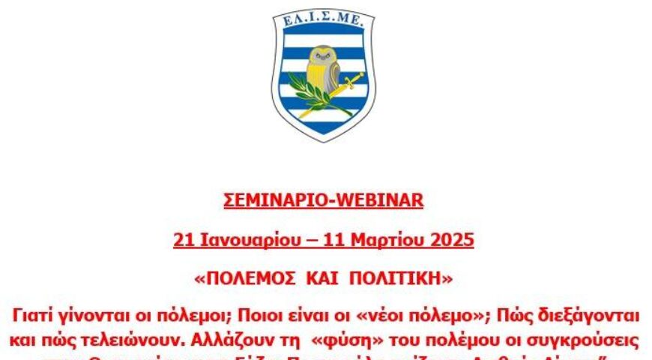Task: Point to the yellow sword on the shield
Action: [x=341, y=89]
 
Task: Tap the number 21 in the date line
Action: [x=183, y=240]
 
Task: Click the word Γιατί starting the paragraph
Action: [x=33, y=311]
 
